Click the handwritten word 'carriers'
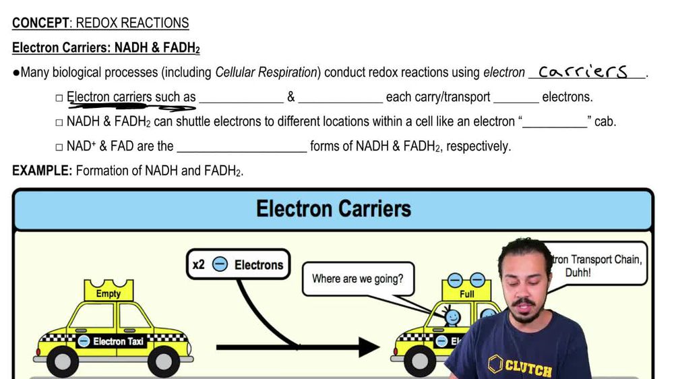pos(583,71)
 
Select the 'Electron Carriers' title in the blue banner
pos(333,208)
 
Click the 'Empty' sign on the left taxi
pos(109,293)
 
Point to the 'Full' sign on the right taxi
pos(466,293)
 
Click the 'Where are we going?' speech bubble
pos(357,278)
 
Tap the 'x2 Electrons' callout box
pos(237,265)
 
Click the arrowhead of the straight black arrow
pos(369,347)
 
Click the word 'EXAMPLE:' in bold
pos(42,171)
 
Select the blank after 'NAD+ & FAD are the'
pos(241,146)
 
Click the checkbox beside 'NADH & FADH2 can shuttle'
pos(59,123)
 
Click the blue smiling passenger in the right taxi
pos(452,315)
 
